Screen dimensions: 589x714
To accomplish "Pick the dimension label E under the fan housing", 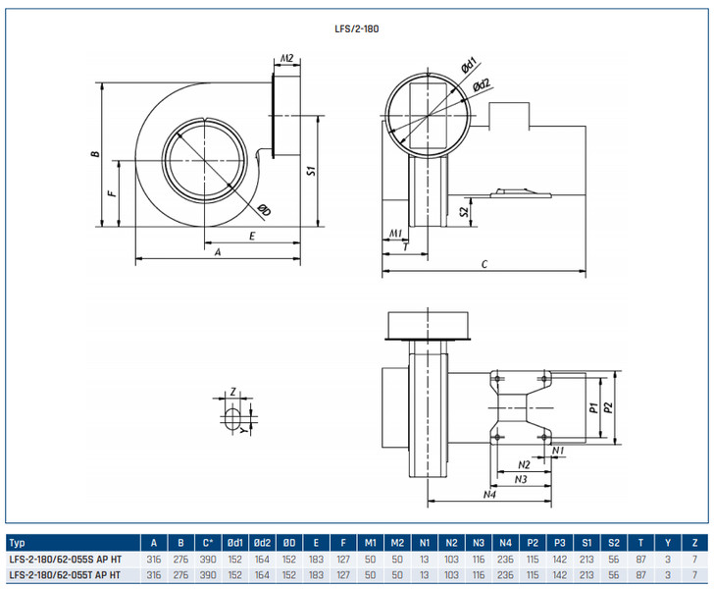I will tap(252, 237).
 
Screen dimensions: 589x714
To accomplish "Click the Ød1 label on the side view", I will tap(469, 66).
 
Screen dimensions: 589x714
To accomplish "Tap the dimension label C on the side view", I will tap(484, 265).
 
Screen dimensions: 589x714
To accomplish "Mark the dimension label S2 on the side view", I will tap(465, 210).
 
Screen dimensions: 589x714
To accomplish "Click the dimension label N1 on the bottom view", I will tap(557, 451).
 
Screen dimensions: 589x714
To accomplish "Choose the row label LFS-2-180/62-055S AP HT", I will tap(65, 558).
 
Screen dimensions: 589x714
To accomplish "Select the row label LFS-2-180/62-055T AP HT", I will tap(65, 574).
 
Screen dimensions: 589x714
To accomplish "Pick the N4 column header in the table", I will tap(505, 541).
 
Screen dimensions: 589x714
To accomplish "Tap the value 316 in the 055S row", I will tap(154, 558).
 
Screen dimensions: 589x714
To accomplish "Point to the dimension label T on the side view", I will tap(406, 247).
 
